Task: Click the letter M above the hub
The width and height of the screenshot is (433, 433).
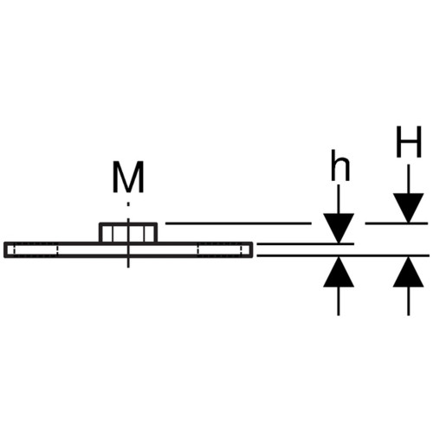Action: click(x=128, y=177)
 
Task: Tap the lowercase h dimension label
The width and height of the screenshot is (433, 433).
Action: click(x=340, y=165)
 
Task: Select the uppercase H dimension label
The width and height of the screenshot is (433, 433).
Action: click(x=409, y=142)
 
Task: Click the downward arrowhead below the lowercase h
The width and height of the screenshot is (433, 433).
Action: click(x=339, y=228)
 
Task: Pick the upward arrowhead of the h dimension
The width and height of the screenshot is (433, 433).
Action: click(x=339, y=272)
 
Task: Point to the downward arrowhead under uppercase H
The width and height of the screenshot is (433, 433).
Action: click(x=409, y=208)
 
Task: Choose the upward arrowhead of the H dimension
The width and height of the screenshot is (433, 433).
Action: click(x=409, y=272)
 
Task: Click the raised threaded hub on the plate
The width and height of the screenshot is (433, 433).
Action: click(x=128, y=233)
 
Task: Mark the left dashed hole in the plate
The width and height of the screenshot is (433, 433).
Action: click(x=32, y=250)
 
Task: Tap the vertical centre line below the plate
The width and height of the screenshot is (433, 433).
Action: click(x=128, y=262)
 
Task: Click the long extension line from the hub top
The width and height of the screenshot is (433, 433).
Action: click(x=238, y=223)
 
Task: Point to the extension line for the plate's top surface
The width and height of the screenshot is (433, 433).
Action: click(x=305, y=244)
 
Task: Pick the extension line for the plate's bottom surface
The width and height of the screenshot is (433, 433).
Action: click(x=343, y=255)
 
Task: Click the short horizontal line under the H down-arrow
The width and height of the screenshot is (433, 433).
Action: click(x=397, y=223)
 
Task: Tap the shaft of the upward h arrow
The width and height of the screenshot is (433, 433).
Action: click(x=339, y=301)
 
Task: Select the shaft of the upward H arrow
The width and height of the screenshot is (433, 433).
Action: click(x=409, y=301)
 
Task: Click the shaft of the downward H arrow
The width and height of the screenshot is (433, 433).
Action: click(x=409, y=179)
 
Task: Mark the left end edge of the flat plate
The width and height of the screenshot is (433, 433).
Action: click(x=5, y=250)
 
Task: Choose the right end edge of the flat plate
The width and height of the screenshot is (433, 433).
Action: click(x=252, y=250)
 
